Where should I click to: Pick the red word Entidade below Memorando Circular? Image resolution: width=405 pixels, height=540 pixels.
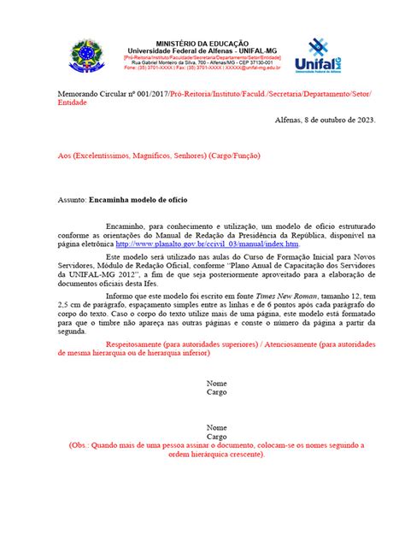point(72,101)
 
